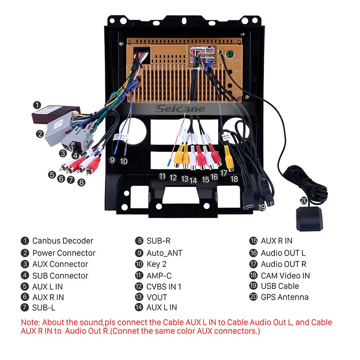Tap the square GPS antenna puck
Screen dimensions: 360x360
tap(310, 219)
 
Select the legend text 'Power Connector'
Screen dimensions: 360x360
tap(64, 253)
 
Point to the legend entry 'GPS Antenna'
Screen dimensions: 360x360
tap(284, 297)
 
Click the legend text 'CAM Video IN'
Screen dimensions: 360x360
tap(285, 275)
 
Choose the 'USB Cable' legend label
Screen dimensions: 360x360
tap(279, 286)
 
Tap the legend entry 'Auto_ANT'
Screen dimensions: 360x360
tap(164, 253)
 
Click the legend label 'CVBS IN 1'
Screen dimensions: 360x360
tap(164, 286)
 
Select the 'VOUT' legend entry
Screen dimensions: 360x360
tap(157, 297)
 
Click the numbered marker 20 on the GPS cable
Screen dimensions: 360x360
tap(304, 201)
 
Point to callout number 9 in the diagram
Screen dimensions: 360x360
tap(112, 160)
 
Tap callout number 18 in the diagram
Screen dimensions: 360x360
tap(234, 179)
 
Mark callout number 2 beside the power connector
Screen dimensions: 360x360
tap(40, 133)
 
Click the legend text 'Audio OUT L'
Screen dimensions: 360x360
tap(283, 253)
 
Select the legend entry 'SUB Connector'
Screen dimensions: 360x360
tap(60, 275)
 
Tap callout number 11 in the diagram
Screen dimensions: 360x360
tap(162, 176)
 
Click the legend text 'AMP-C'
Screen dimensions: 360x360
tap(159, 275)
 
